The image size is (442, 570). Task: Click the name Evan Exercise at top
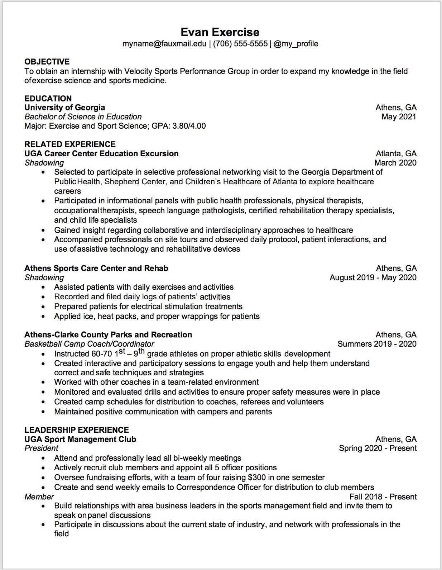click(220, 32)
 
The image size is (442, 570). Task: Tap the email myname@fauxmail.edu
click(164, 44)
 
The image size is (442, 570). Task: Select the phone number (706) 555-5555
click(240, 44)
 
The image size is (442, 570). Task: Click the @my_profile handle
click(296, 44)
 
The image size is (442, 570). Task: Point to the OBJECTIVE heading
click(47, 62)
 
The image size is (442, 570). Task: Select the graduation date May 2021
click(399, 117)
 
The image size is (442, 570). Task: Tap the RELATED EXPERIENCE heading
click(70, 144)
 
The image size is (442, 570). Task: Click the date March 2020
click(395, 163)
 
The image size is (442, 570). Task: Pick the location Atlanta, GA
click(396, 153)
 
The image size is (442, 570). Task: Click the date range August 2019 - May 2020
click(373, 277)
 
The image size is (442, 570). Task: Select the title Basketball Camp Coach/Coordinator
click(89, 344)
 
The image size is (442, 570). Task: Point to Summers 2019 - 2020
click(377, 344)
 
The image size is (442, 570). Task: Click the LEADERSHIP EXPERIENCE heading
click(76, 430)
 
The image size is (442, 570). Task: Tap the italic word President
click(41, 448)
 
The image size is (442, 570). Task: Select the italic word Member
click(39, 497)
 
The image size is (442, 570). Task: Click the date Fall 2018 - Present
click(383, 497)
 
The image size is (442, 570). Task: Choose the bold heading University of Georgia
click(64, 108)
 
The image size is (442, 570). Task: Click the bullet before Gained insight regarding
click(43, 231)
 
